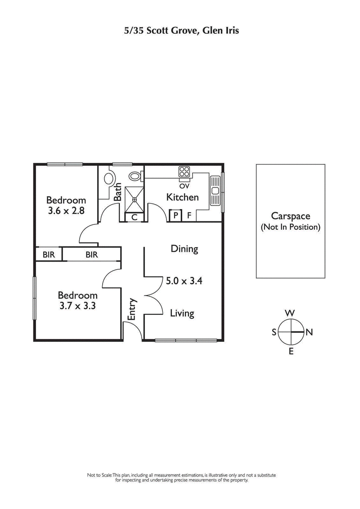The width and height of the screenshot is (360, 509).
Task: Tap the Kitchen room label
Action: coord(182,197)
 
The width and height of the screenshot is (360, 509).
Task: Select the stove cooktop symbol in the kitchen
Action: coord(184,171)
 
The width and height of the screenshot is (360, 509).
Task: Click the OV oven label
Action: coord(184,186)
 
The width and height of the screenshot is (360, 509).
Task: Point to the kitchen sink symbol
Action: coord(215,189)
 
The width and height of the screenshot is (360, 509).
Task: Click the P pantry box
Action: coord(175,216)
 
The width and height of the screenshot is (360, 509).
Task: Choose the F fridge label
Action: coord(189,216)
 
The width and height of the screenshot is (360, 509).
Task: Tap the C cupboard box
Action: coord(134,217)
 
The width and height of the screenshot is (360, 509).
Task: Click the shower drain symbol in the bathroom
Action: coord(134,198)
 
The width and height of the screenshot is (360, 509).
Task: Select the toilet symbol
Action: coord(135,175)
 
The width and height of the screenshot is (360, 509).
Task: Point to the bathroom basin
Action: coord(109,178)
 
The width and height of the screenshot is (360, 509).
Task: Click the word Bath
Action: coord(118,192)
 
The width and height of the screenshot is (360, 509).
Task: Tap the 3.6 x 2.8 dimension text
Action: coord(66,210)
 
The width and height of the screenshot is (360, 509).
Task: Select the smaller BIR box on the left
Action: coord(49,254)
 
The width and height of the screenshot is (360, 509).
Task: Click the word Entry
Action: coord(132,309)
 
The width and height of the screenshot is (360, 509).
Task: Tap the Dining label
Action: coord(184,249)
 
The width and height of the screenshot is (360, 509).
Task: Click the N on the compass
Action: coord(309,332)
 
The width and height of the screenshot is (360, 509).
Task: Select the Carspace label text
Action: coord(290,216)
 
